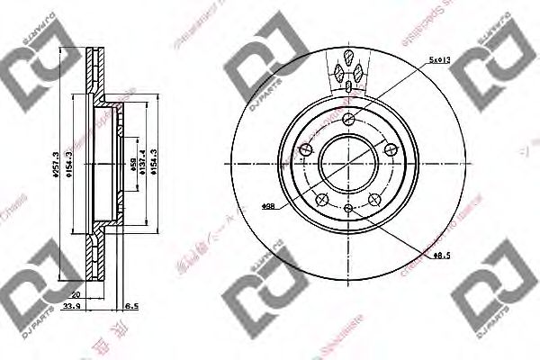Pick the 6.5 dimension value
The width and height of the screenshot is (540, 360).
tap(133, 306)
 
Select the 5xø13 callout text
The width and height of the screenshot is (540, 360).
tap(439, 60)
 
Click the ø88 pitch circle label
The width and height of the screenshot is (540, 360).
tap(267, 207)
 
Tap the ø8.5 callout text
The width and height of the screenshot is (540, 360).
tap(441, 256)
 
